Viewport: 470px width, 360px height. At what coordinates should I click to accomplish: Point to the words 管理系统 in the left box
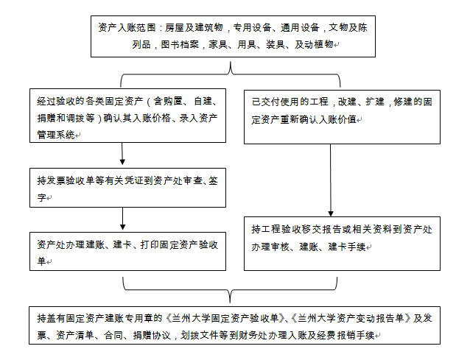pos(55,134)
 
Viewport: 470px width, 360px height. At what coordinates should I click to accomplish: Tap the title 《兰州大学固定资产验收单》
pos(226,317)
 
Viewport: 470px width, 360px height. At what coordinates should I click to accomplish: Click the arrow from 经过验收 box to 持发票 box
pos(122,153)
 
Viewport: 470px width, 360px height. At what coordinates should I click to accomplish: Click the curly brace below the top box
pos(232,71)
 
